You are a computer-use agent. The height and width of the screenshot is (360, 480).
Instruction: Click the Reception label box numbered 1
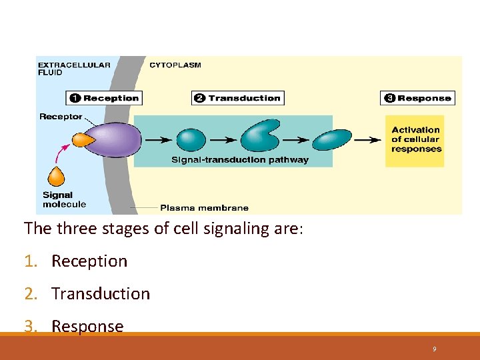[x=104, y=98]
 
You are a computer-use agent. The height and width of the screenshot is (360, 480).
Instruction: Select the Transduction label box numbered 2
[x=237, y=98]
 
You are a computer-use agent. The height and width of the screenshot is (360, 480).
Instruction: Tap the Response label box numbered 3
[x=417, y=98]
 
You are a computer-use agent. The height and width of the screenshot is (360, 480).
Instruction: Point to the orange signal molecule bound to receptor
[x=82, y=139]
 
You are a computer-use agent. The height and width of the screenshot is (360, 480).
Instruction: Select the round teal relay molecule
[x=191, y=140]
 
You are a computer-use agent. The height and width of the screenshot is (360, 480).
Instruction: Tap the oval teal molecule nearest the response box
[x=331, y=140]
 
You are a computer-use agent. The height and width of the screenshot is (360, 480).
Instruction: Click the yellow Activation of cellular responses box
[x=415, y=140]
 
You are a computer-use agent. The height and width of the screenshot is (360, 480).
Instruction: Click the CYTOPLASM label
[x=175, y=65]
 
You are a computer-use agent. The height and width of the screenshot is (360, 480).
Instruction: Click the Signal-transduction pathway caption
[x=240, y=160]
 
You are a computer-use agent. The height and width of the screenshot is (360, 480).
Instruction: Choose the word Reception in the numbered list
[x=89, y=261]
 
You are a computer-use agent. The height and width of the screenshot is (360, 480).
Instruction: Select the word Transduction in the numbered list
[x=101, y=294]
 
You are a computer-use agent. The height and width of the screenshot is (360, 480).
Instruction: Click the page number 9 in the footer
[x=434, y=349]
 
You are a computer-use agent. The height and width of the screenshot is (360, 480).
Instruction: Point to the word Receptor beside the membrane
[x=61, y=117]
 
